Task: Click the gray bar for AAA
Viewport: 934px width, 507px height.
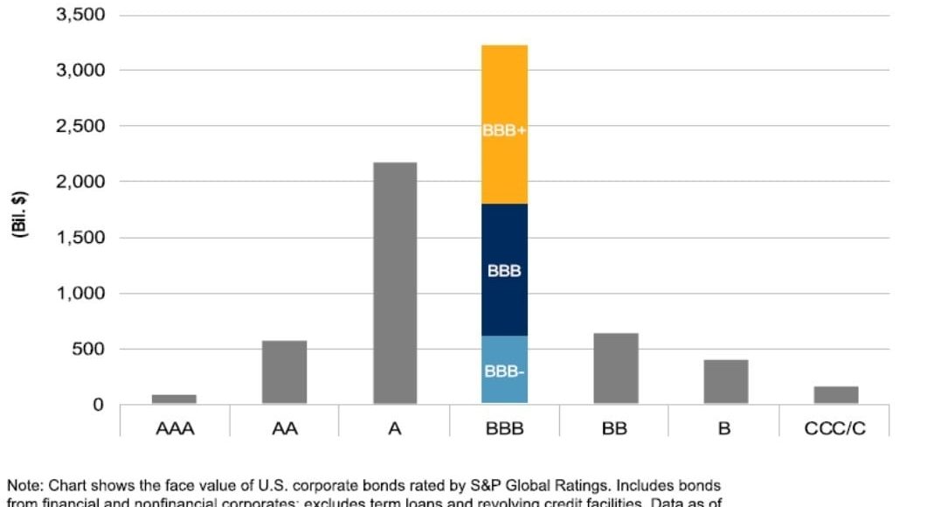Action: [174, 399]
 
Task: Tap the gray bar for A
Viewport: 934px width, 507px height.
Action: [394, 282]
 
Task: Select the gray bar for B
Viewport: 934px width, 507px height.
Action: [725, 381]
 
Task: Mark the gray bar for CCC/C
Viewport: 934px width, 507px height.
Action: [835, 394]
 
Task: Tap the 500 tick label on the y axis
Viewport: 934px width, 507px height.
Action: [87, 350]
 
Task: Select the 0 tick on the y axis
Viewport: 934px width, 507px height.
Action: [99, 405]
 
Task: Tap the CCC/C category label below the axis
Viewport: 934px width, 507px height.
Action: [835, 429]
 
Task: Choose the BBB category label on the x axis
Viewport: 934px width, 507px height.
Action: [504, 429]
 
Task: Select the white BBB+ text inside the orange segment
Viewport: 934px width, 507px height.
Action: [504, 129]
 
